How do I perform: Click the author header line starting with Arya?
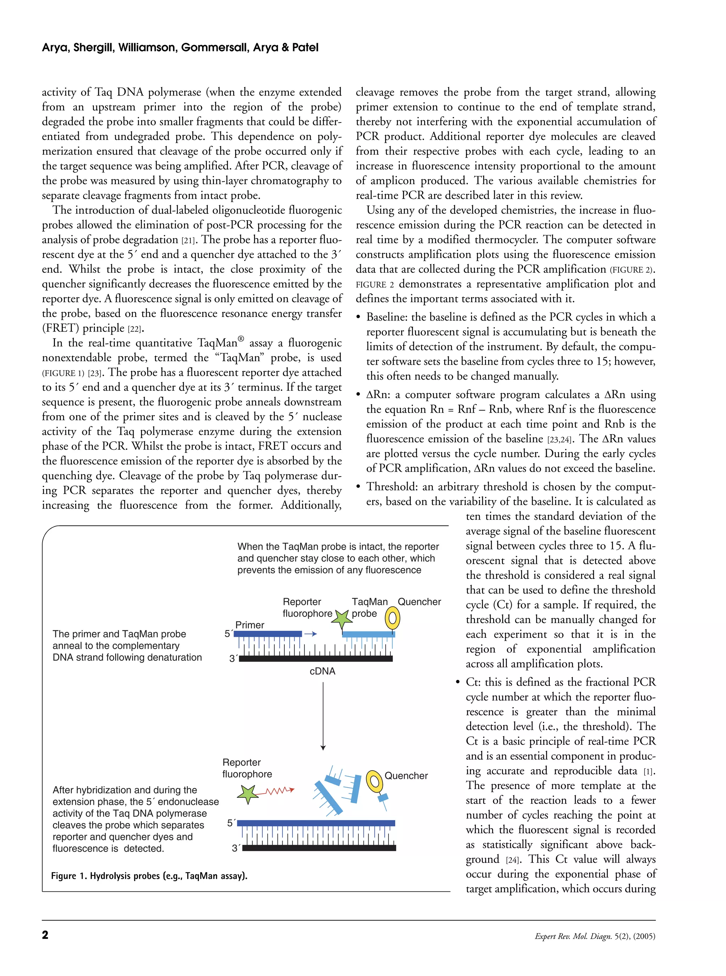tap(180, 47)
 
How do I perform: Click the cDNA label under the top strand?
tap(322, 671)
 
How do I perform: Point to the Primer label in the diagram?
tap(250, 625)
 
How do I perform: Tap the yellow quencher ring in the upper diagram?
tap(392, 619)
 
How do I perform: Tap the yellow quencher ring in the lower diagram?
tap(374, 782)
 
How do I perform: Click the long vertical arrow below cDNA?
tap(323, 716)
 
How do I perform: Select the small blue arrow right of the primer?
tap(311, 634)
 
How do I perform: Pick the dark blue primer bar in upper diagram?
tap(268, 634)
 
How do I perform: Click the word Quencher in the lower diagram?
tap(406, 776)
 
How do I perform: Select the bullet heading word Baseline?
tap(386, 317)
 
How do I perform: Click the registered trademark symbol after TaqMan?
tap(240, 339)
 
